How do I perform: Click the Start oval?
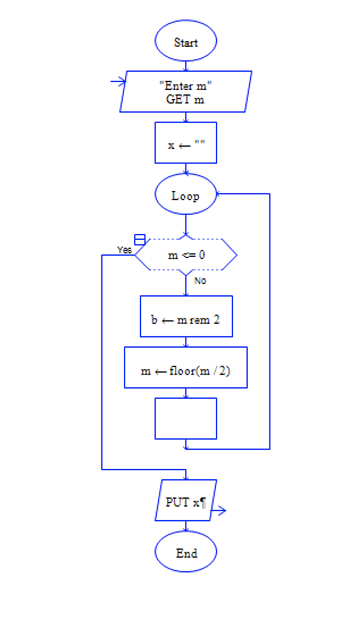[186, 41]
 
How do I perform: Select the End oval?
[186, 552]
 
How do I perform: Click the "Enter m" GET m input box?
[186, 91]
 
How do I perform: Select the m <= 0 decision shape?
[186, 255]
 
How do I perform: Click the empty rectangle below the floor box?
[186, 419]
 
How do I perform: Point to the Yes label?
[124, 250]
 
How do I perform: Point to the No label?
[200, 281]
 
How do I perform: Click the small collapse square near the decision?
[140, 240]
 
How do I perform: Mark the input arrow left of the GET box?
[118, 81]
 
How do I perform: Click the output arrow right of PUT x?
[219, 511]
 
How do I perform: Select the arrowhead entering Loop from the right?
[219, 194]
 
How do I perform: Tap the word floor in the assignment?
[182, 371]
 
